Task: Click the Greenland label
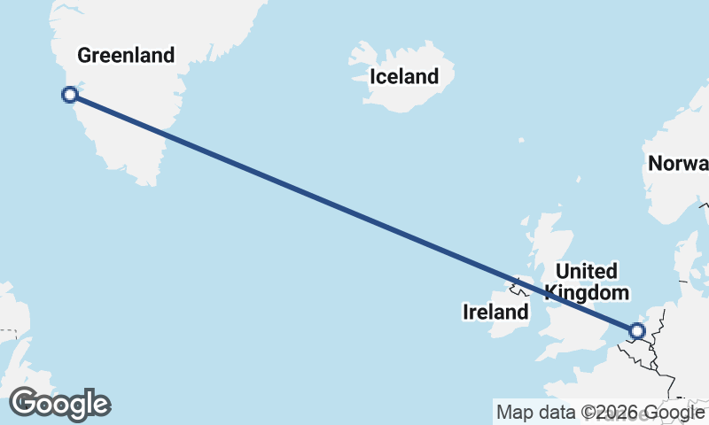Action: coord(126,56)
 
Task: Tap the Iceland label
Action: coord(404,77)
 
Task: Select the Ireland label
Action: coord(495,312)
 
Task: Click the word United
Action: coord(585,271)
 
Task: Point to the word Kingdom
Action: coord(587,292)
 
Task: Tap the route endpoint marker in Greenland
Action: coord(70,95)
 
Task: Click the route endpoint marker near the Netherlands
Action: coord(636,331)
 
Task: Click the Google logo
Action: coord(60,404)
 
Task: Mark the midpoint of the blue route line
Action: coord(353,212)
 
